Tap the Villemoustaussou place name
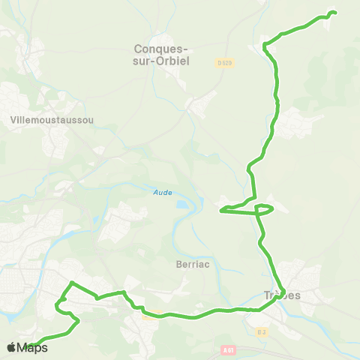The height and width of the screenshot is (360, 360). [52, 119]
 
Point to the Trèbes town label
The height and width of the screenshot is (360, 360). [282, 295]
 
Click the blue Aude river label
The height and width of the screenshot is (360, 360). [163, 192]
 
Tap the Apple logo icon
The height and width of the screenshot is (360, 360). [11, 347]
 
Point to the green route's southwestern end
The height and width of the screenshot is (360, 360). [28, 346]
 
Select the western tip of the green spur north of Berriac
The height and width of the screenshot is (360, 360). [220, 211]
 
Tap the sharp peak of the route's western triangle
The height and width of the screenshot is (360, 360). [71, 282]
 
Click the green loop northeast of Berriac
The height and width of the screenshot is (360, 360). [265, 208]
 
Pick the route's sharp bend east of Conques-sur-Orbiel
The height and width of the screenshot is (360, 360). [264, 46]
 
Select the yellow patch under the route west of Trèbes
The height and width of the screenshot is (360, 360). [151, 316]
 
